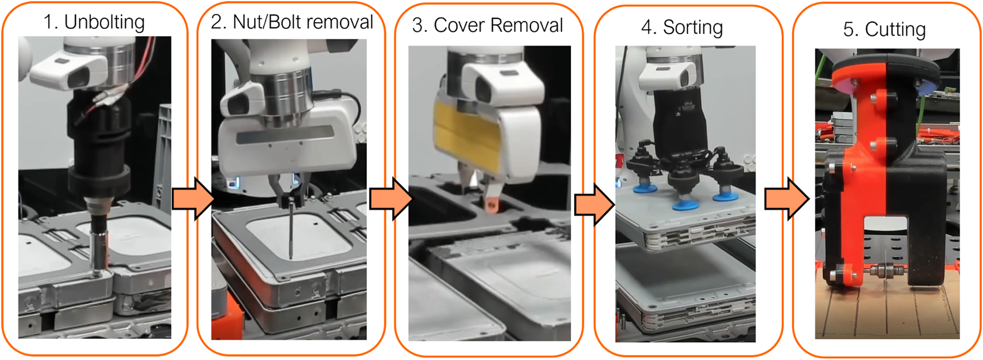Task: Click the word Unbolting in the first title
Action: tap(104, 23)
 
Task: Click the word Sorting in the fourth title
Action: tap(693, 28)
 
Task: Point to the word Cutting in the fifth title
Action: tap(895, 30)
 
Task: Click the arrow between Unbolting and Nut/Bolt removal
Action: tap(192, 199)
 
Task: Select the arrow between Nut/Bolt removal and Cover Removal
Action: tap(391, 199)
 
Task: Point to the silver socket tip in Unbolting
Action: tap(99, 249)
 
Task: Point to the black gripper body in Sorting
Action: tap(680, 125)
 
